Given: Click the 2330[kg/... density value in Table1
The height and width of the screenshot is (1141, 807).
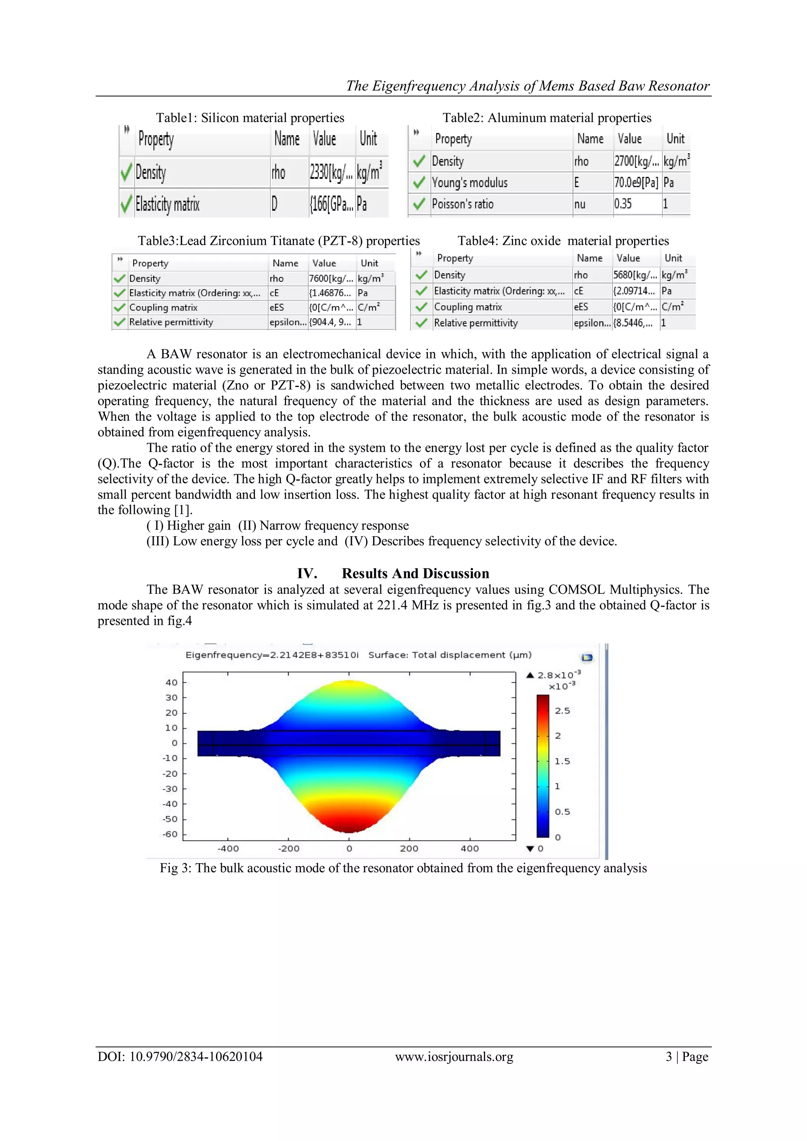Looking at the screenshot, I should [x=331, y=173].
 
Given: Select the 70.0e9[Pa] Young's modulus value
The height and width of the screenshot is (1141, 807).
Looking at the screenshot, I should [x=636, y=183].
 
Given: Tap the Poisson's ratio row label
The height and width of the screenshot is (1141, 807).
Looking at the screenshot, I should [x=463, y=204].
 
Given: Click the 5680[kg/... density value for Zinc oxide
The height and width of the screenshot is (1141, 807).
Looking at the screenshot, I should [x=635, y=275].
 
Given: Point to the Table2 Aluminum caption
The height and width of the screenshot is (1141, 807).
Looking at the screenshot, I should [x=547, y=118].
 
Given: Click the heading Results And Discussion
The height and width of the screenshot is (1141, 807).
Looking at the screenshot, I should [x=415, y=574].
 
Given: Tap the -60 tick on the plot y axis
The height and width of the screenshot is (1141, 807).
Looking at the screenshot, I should [x=170, y=834].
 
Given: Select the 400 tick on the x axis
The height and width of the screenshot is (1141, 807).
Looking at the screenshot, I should [x=470, y=849].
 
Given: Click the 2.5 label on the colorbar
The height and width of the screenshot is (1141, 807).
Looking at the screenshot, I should [x=563, y=711].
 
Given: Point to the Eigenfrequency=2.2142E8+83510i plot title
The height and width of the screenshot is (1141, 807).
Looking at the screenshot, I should [x=272, y=655].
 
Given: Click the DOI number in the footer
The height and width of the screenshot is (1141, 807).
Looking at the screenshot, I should [x=196, y=1057].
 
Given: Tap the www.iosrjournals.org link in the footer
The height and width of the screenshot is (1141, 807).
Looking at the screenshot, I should [x=454, y=1057].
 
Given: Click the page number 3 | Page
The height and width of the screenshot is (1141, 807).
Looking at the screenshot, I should [x=687, y=1057].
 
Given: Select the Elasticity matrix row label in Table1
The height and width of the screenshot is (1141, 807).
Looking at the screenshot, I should [x=167, y=204].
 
